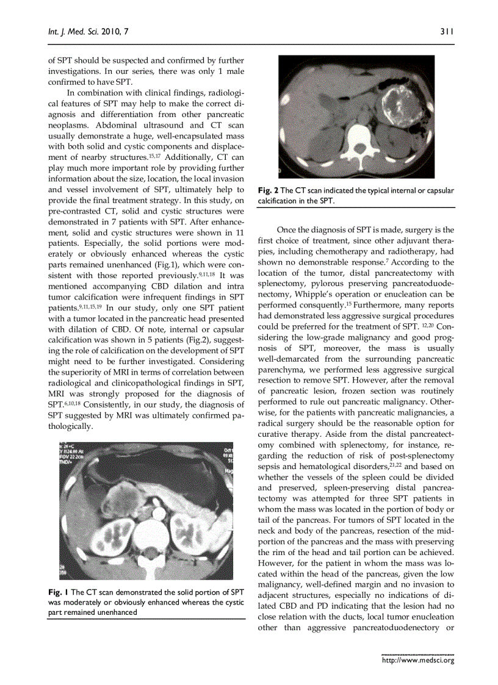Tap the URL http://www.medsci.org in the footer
(x=418, y=659)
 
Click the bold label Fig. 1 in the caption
(x=57, y=592)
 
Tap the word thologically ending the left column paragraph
(x=70, y=426)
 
